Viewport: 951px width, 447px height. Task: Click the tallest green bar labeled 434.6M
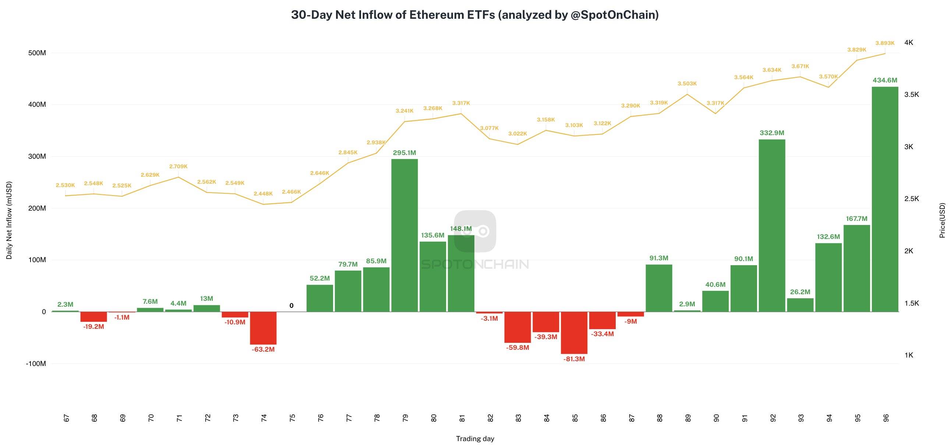(885, 200)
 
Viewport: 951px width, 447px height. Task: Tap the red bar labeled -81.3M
(574, 332)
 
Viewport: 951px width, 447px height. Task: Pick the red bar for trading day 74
(263, 328)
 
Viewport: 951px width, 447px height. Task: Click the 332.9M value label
(772, 133)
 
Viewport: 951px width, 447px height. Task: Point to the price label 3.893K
(885, 43)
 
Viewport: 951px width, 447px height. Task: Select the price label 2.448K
(263, 194)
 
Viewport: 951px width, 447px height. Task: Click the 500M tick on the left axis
(37, 53)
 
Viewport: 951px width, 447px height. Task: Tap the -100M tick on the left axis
(36, 363)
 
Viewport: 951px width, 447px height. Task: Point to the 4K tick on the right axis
(909, 42)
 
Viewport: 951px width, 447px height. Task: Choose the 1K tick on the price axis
(909, 355)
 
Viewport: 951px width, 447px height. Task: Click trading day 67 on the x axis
(67, 418)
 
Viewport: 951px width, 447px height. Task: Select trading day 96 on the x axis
(886, 418)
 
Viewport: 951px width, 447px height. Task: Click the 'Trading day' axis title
(475, 439)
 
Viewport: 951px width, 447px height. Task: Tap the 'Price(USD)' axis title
(943, 220)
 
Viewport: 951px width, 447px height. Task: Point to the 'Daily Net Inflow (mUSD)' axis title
(9, 220)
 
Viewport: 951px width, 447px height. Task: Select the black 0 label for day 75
(291, 306)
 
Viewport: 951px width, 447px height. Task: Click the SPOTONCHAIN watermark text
(475, 264)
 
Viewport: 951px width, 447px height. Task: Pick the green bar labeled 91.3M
(659, 288)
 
